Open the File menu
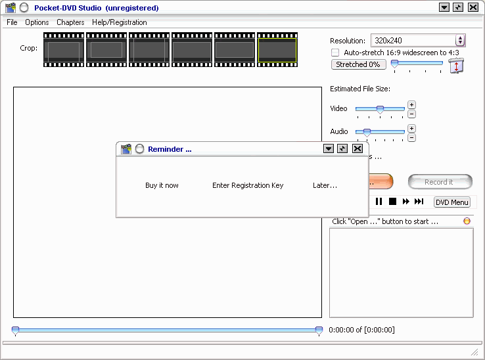12,22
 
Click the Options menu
37,22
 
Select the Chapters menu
70,22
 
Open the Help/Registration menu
120,22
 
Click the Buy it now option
162,185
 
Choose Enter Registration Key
248,185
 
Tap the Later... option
325,185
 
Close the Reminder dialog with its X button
358,148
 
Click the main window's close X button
473,7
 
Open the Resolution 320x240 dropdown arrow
460,40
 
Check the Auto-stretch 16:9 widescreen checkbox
335,53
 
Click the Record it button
440,182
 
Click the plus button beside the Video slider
411,105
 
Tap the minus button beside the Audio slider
411,138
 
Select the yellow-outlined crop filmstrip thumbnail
277,49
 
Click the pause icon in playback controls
379,202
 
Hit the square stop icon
392,202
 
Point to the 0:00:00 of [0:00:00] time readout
361,330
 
